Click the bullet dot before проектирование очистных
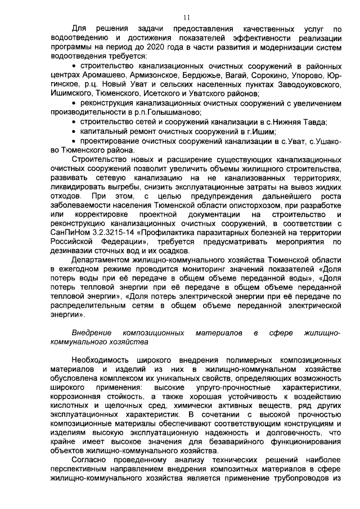click(75, 141)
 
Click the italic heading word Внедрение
click(92, 332)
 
